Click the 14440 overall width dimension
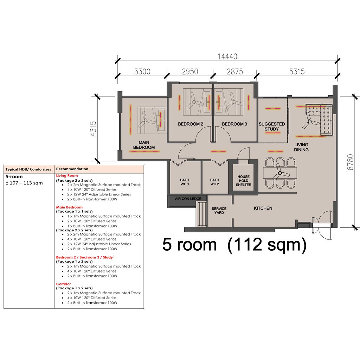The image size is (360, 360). pyautogui.click(x=227, y=57)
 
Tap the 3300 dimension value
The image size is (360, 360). pyautogui.click(x=142, y=72)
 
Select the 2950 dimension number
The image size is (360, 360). pyautogui.click(x=190, y=72)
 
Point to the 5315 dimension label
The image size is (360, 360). pyautogui.click(x=297, y=72)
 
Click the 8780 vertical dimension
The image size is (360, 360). pyautogui.click(x=351, y=162)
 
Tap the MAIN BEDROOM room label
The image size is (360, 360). pyautogui.click(x=144, y=145)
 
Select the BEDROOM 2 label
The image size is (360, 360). pyautogui.click(x=191, y=124)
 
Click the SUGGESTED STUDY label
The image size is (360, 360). pyautogui.click(x=272, y=127)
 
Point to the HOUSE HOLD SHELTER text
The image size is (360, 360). pyautogui.click(x=244, y=181)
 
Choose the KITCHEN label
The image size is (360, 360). pyautogui.click(x=263, y=208)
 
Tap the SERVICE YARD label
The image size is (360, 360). pyautogui.click(x=219, y=211)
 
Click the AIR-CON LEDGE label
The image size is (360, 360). pyautogui.click(x=188, y=199)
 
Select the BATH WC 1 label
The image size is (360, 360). pyautogui.click(x=185, y=182)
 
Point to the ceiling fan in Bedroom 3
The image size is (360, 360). pyautogui.click(x=233, y=101)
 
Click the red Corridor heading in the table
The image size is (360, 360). pyautogui.click(x=64, y=284)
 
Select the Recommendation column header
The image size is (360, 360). pyautogui.click(x=72, y=169)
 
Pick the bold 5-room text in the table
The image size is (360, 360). pyautogui.click(x=14, y=177)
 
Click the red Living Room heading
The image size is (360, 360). pyautogui.click(x=67, y=176)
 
